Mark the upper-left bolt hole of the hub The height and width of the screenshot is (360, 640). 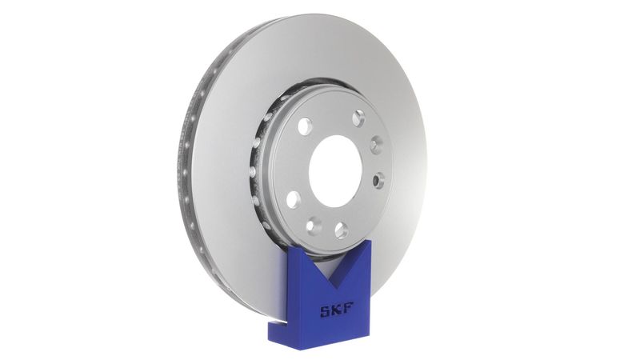[x=305, y=126]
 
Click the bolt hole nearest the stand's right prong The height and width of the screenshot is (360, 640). [x=342, y=230]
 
